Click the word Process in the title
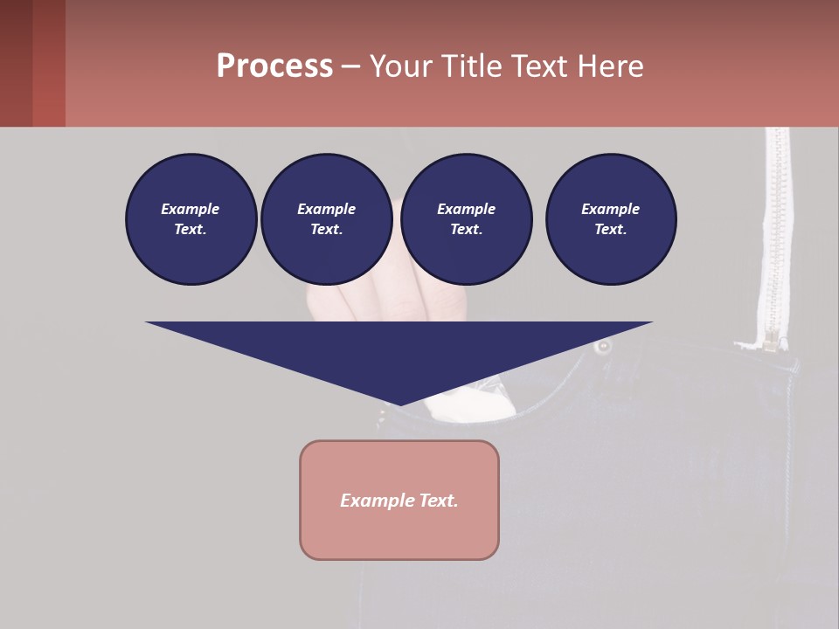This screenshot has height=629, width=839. point(274,66)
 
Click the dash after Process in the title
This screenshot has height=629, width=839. point(350,67)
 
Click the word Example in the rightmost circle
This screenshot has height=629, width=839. point(610,209)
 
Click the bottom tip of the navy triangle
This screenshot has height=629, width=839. point(399,403)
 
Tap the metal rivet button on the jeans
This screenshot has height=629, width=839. point(603,347)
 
